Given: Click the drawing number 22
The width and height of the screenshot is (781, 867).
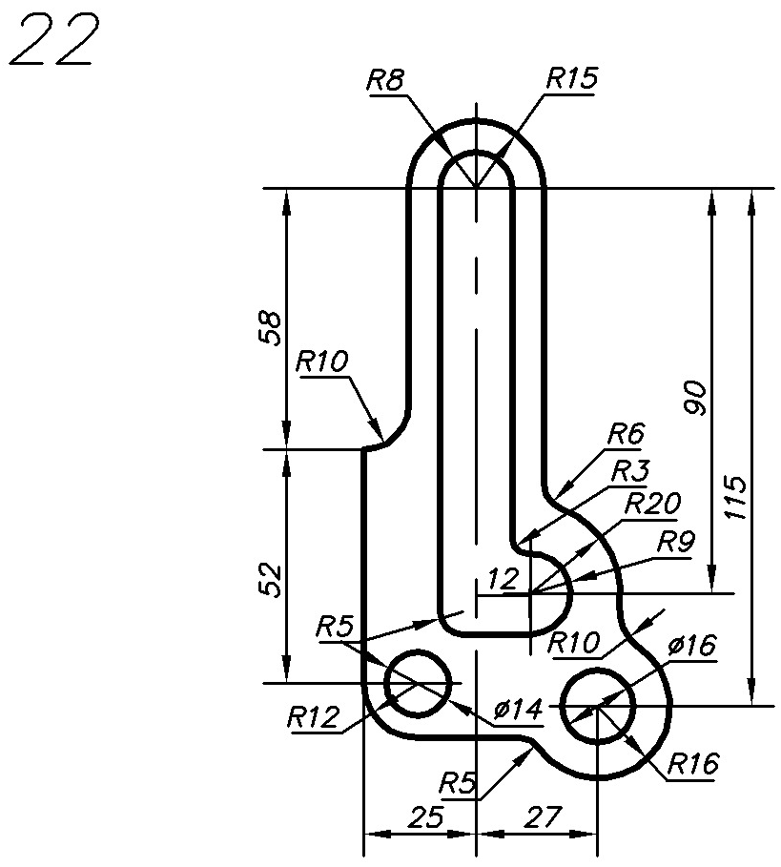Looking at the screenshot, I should click(x=53, y=43).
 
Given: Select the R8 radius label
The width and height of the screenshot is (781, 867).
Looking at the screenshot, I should click(x=386, y=80).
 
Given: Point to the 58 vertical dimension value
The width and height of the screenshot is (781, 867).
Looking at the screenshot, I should click(x=272, y=327).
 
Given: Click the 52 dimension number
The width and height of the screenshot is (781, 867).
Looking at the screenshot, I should click(x=272, y=580).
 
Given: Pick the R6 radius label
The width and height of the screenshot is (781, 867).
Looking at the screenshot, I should click(x=625, y=434).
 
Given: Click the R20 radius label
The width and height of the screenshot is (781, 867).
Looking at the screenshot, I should click(x=651, y=504).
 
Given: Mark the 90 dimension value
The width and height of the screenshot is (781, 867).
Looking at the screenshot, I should click(x=696, y=397).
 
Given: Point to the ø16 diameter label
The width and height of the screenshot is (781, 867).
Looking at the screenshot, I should click(x=691, y=646).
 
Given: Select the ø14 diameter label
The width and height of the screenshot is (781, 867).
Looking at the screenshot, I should click(x=519, y=709).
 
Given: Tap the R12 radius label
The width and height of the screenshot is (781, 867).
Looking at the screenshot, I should click(x=312, y=716).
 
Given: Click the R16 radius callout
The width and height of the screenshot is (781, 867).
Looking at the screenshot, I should click(x=693, y=763).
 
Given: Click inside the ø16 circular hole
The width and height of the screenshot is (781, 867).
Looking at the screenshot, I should click(x=598, y=706).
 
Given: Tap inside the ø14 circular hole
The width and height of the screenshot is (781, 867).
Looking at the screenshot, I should click(x=417, y=683).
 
